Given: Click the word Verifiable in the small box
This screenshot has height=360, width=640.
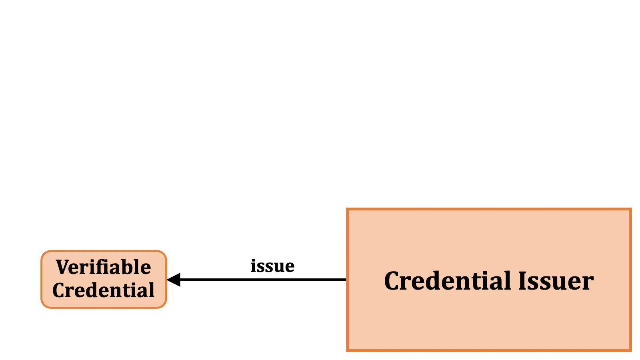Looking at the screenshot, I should click(x=103, y=267).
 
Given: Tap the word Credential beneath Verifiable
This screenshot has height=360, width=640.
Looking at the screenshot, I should click(x=103, y=290).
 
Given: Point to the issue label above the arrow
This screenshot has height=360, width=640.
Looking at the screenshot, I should click(x=272, y=266).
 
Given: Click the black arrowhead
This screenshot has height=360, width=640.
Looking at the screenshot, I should click(x=174, y=280).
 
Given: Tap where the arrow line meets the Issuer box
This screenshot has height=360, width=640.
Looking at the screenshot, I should click(x=347, y=280).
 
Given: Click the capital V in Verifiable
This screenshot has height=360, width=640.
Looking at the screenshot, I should click(x=63, y=267).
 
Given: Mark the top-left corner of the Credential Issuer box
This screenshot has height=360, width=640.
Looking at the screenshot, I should click(x=348, y=209).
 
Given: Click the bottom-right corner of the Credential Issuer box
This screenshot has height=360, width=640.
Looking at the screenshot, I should click(x=630, y=350).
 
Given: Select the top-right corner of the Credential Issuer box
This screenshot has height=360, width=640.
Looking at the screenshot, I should click(x=630, y=209).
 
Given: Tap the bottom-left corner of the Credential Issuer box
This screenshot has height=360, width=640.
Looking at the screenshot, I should click(x=348, y=350).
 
